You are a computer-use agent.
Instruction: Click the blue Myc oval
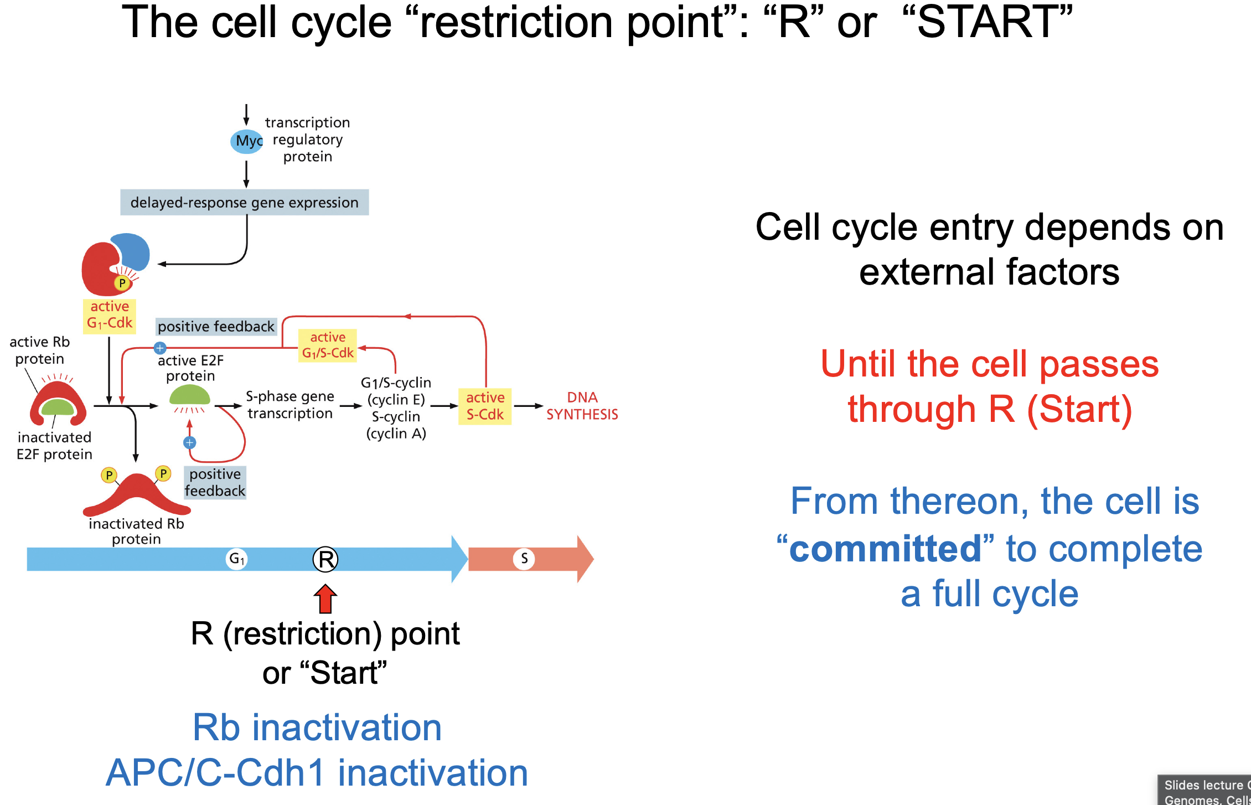click(x=246, y=141)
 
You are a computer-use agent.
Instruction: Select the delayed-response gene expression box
click(x=244, y=203)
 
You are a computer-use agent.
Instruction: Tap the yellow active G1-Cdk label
click(x=110, y=316)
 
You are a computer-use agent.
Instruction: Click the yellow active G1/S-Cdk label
click(x=328, y=345)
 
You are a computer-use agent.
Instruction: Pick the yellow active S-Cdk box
click(x=485, y=406)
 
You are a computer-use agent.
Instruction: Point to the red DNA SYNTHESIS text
click(x=582, y=406)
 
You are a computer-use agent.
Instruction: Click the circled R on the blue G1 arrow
click(x=325, y=559)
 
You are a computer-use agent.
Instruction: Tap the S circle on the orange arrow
click(x=524, y=559)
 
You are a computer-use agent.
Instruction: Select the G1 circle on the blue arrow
click(x=236, y=559)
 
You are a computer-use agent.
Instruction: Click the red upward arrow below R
click(x=325, y=599)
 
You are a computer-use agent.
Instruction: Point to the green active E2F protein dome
click(x=189, y=396)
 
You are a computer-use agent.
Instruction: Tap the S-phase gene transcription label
click(x=290, y=405)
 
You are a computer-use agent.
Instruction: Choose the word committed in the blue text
click(x=885, y=549)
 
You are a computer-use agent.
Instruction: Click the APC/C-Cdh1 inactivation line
click(x=317, y=773)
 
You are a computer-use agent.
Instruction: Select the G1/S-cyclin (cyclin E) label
click(x=396, y=391)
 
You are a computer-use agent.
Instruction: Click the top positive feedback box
click(x=216, y=327)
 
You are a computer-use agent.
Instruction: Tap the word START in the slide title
click(x=987, y=22)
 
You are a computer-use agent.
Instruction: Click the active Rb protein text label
click(x=39, y=350)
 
